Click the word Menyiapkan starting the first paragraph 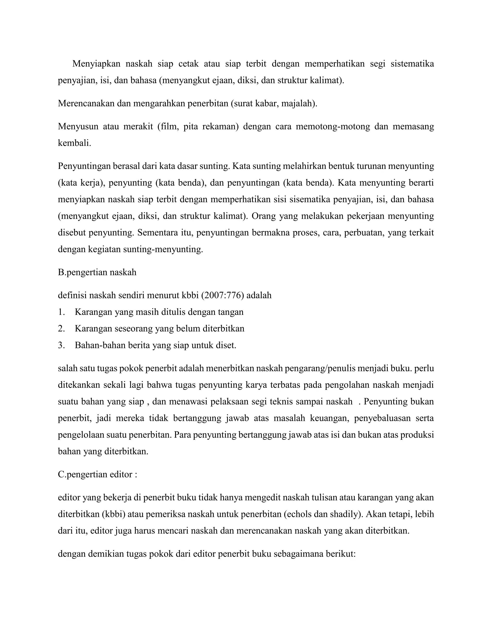tap(96, 64)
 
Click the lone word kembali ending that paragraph tap(74, 143)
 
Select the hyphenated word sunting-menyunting tap(163, 249)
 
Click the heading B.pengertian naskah tap(97, 272)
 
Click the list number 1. tap(61, 312)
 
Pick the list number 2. tap(61, 329)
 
